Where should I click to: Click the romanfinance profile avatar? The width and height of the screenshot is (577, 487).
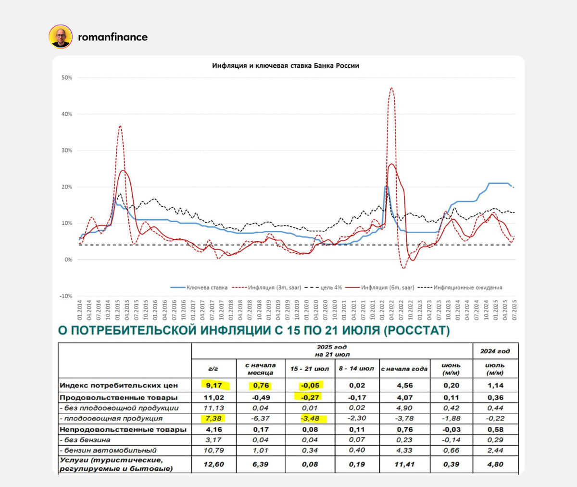[61, 37]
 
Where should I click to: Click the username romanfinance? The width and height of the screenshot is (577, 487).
[113, 37]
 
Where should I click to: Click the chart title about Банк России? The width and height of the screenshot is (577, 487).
[286, 65]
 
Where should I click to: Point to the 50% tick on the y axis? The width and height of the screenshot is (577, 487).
[67, 77]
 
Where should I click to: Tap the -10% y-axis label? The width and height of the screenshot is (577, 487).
[66, 296]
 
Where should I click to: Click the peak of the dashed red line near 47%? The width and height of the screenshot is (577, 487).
[391, 88]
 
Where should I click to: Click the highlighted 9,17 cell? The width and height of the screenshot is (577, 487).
[214, 385]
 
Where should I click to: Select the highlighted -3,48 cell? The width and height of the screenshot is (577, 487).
[310, 418]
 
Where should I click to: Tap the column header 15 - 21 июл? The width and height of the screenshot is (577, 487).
[310, 369]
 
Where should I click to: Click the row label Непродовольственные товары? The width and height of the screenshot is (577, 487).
[123, 429]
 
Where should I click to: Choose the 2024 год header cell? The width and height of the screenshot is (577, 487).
[495, 351]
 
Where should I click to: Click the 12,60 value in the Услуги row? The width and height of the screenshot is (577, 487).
[214, 464]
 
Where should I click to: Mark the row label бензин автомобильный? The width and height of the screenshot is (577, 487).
[110, 450]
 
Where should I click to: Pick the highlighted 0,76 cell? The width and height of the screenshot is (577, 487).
[261, 385]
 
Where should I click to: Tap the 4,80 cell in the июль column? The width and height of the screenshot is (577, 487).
[495, 464]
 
